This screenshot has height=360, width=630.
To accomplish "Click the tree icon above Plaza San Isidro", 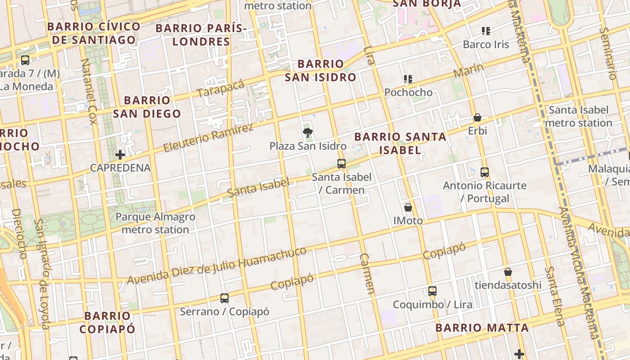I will (307, 132).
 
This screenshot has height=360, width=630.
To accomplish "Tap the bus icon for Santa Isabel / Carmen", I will (342, 164).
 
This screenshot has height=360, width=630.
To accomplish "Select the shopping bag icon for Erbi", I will (477, 118).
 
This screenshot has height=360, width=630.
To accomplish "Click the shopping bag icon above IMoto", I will (408, 207).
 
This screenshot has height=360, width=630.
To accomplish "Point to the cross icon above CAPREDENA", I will (120, 155).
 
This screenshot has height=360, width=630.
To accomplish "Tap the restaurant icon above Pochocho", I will (408, 80).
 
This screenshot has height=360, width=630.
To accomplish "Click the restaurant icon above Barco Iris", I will (486, 31).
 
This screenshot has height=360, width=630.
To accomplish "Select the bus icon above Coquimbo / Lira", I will (432, 291).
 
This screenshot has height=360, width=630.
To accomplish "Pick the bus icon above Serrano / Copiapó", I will (225, 298).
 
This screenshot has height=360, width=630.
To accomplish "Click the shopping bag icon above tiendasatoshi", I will (508, 272).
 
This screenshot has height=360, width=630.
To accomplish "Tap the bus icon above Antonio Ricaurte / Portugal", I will (485, 172).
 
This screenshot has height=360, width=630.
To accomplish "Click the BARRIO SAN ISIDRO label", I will (320, 70).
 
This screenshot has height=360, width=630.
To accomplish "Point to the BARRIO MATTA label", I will (482, 328).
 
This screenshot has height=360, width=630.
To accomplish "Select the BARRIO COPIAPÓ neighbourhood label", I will (107, 322).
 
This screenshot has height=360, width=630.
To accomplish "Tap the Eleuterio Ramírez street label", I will (208, 138).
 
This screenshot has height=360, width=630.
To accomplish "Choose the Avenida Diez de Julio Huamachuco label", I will (216, 265).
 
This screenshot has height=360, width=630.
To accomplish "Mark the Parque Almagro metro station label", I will (155, 223).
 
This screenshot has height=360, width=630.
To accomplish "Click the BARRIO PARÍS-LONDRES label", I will (201, 35).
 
